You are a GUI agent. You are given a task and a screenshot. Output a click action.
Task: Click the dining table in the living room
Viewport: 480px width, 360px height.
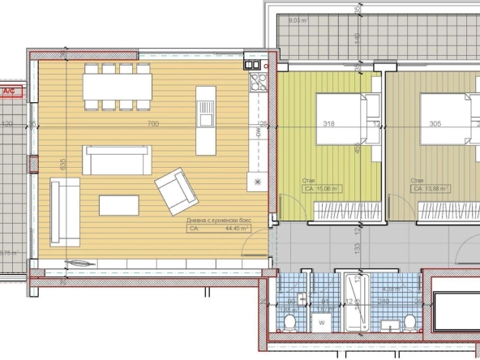tap(118, 85)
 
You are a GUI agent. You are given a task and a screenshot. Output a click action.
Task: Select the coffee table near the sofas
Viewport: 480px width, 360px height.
tap(119, 204)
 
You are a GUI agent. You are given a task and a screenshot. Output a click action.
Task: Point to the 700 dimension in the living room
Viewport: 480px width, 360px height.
tap(152, 124)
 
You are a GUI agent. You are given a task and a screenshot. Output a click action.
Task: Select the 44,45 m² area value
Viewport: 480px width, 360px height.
tap(234, 229)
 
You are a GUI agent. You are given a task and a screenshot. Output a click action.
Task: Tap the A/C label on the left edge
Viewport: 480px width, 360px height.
tap(11, 92)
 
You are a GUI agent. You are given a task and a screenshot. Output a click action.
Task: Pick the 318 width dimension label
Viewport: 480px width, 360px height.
tap(329, 124)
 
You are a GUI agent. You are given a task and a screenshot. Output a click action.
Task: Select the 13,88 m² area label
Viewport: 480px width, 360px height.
tap(431, 189)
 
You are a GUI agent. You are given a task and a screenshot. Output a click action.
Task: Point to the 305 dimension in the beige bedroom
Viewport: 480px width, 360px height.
tap(435, 124)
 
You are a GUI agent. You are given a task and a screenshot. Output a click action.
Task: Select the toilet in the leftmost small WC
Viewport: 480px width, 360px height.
tap(289, 324)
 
